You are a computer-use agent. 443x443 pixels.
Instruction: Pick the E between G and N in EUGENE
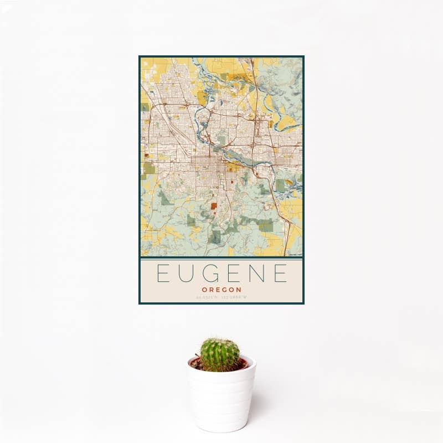(x=234, y=274)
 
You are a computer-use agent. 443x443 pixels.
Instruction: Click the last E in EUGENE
(x=281, y=274)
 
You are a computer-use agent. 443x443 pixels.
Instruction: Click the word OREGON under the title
(x=221, y=290)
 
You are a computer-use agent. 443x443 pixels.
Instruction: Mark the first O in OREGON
(x=204, y=290)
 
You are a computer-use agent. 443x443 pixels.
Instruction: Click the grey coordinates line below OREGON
(x=221, y=298)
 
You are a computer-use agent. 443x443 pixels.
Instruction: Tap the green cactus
(x=220, y=354)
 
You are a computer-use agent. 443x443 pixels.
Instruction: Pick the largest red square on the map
(x=214, y=207)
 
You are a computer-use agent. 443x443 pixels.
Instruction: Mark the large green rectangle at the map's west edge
(x=149, y=168)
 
